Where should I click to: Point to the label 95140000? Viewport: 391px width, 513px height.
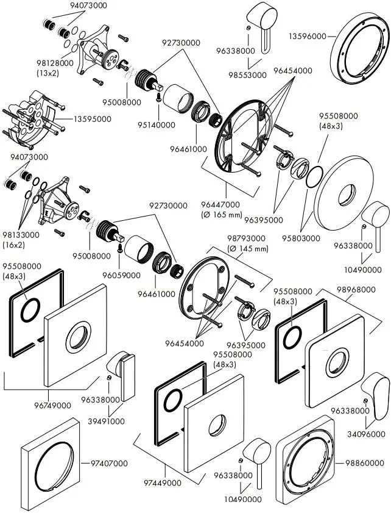point(157,124)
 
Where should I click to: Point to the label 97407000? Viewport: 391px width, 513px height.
point(109,463)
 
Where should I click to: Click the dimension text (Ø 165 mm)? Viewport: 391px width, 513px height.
point(221,215)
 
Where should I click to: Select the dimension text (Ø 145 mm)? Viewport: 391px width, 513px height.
point(247,249)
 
